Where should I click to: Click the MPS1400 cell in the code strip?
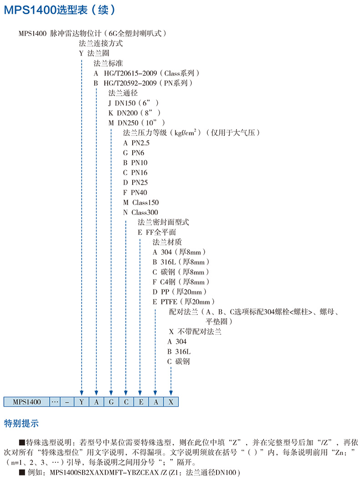tap(26, 402)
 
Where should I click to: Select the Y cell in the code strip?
tap(81, 402)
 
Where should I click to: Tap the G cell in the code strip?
tap(111, 402)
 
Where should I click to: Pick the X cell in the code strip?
tap(171, 402)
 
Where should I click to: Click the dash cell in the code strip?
tap(67, 402)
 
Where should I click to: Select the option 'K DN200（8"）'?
tap(134, 113)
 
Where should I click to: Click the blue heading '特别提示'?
tap(21, 423)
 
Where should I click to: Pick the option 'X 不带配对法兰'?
tap(195, 332)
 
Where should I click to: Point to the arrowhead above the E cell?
tap(141, 392)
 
